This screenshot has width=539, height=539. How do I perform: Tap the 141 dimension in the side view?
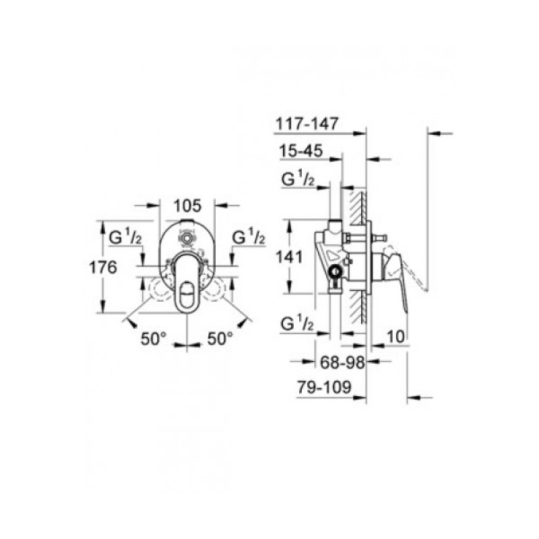290,256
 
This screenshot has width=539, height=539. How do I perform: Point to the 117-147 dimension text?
307,123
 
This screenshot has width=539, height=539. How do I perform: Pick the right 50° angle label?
219,338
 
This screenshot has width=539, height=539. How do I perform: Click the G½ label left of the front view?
125,239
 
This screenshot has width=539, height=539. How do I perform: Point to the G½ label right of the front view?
249,239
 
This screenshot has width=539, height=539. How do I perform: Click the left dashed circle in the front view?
160,290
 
